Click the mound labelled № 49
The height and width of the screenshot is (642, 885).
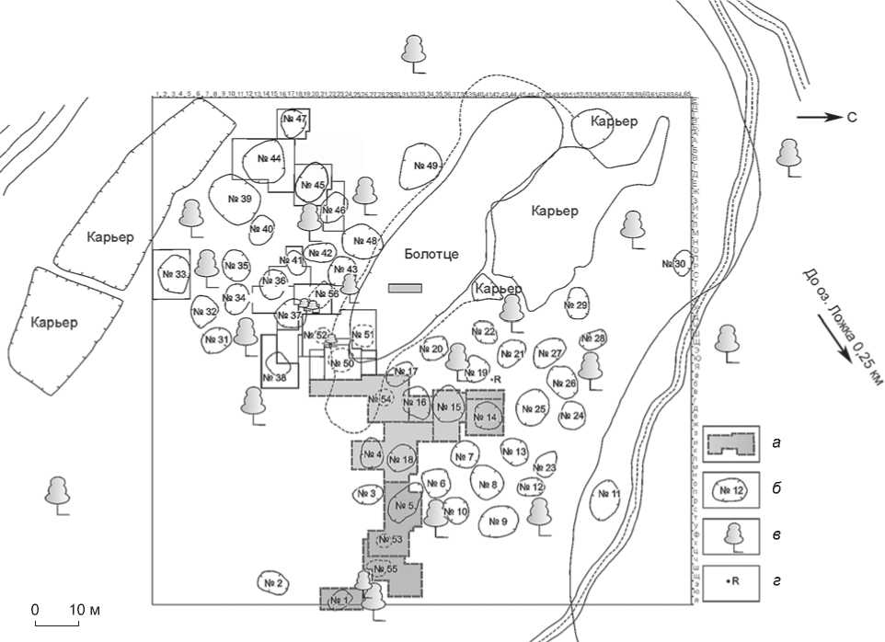(x=421, y=166)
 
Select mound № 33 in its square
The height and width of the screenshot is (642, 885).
(x=172, y=274)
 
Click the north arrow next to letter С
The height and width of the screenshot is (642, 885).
(x=814, y=117)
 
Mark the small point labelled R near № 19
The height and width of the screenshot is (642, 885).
(x=492, y=379)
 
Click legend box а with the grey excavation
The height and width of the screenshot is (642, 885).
(x=731, y=443)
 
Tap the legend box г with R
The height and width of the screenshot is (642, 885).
(x=731, y=582)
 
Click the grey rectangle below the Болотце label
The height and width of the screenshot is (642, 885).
(x=405, y=288)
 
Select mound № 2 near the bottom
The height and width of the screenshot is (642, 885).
(x=272, y=582)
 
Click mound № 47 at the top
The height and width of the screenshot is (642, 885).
(x=294, y=120)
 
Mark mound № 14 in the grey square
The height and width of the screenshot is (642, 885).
(x=486, y=417)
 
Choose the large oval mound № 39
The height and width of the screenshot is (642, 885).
(x=238, y=199)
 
